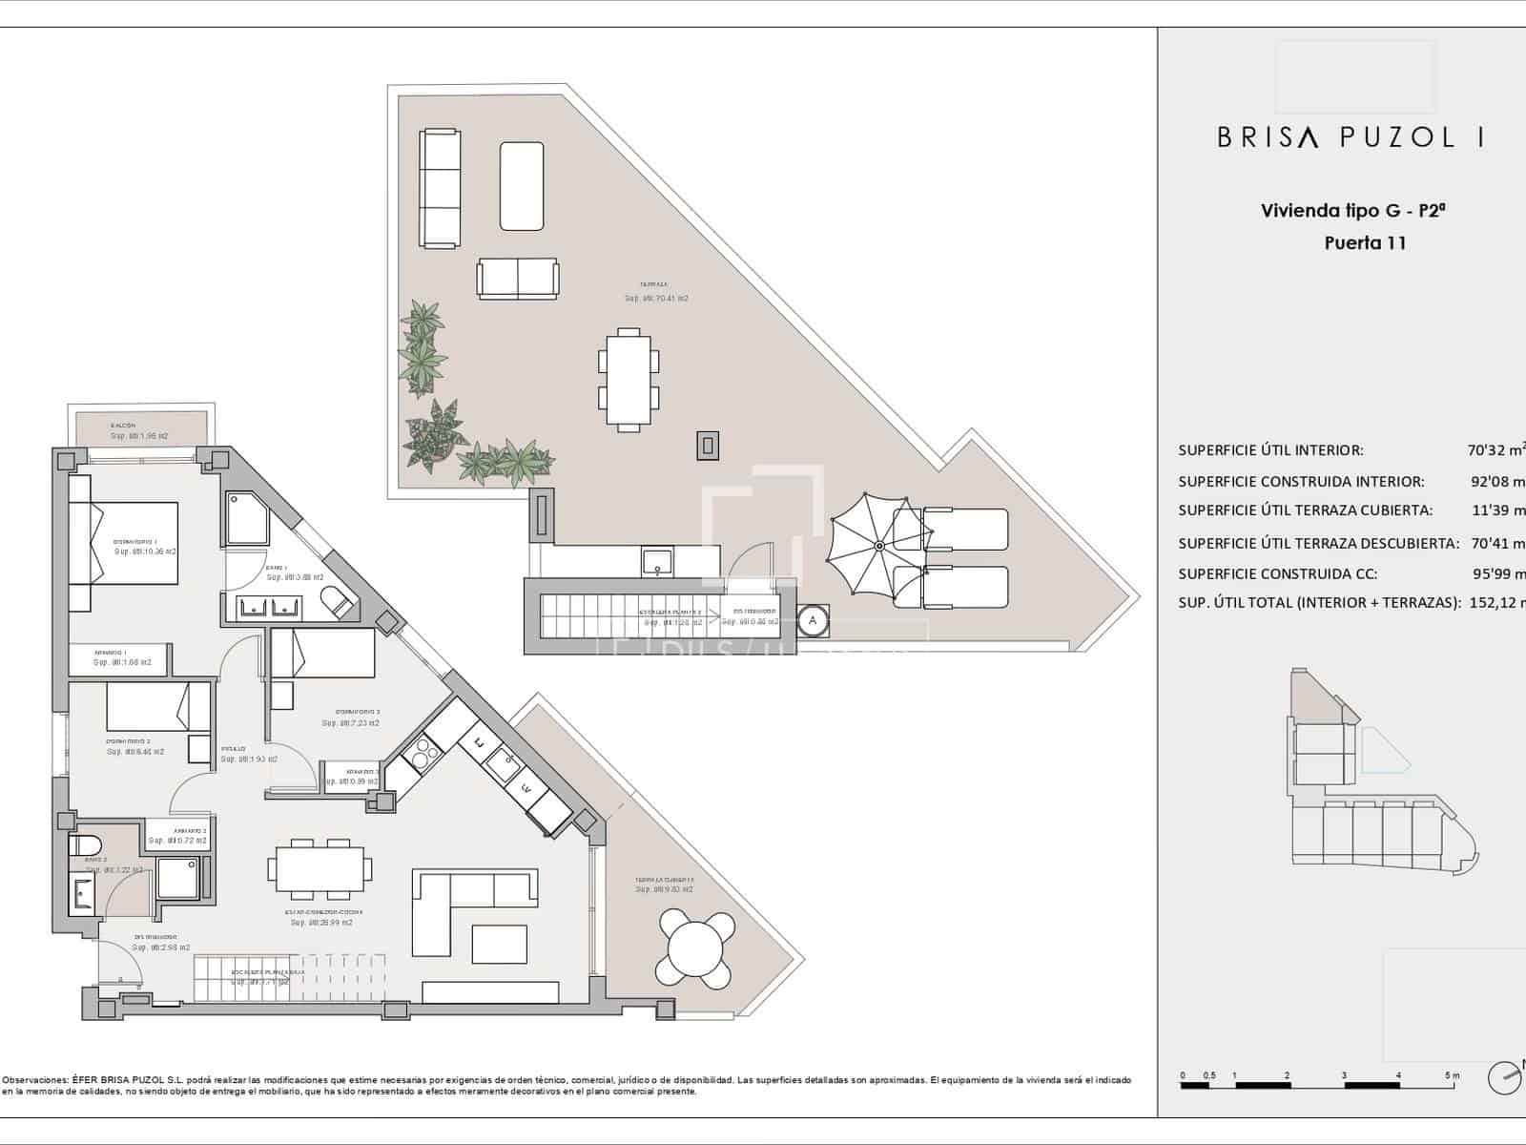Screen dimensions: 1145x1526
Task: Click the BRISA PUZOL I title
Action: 1350,137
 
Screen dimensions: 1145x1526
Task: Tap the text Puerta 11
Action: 1365,242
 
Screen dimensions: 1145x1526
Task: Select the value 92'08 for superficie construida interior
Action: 1497,482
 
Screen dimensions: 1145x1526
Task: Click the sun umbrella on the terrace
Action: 876,545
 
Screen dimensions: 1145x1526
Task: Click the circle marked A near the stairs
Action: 813,620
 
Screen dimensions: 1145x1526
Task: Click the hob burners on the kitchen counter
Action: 420,754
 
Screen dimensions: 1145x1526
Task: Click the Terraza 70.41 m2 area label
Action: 655,292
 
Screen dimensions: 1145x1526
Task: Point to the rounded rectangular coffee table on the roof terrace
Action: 521,186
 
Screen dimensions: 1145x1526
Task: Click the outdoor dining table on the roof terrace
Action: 628,379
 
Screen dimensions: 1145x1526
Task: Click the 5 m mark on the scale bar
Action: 1452,1076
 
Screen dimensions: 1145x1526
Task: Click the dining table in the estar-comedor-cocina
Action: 320,868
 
